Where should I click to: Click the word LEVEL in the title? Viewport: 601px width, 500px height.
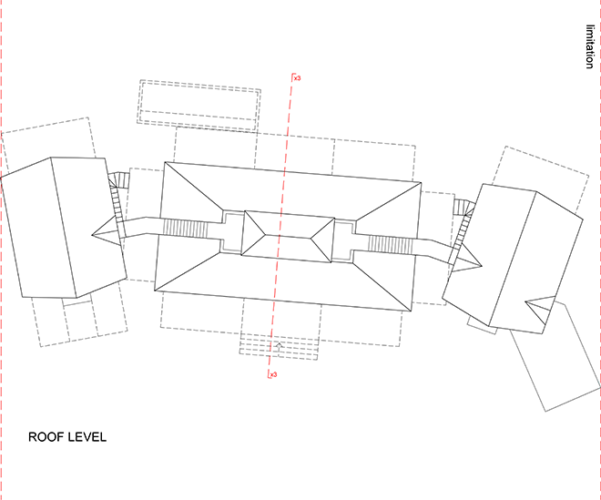87,437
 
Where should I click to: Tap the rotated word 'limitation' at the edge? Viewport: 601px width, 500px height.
590,46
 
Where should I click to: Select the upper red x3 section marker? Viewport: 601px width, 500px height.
296,77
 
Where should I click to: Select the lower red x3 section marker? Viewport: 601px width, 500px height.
272,374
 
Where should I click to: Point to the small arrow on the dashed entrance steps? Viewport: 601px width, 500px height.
279,346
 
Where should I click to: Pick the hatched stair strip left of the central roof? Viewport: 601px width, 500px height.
185,229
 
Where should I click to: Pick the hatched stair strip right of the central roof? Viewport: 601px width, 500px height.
391,245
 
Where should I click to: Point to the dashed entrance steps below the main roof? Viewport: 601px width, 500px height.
279,347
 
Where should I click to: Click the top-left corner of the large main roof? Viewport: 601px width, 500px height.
165,162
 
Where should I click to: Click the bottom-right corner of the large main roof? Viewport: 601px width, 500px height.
411,311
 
